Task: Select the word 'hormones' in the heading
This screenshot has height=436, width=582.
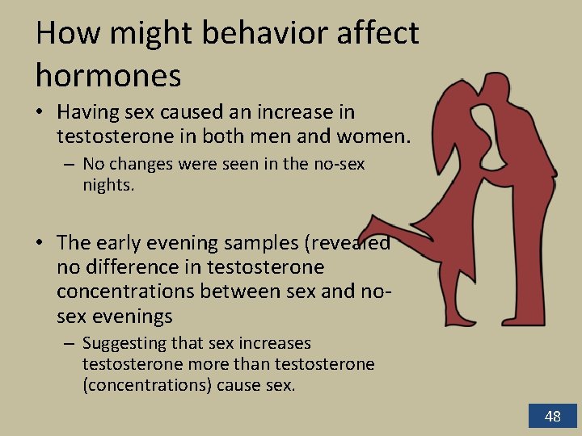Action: point(108,75)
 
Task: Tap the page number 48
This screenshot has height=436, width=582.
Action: point(552,417)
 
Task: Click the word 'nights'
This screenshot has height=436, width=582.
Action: point(108,184)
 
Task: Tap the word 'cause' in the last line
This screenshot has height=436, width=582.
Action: point(239,384)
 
